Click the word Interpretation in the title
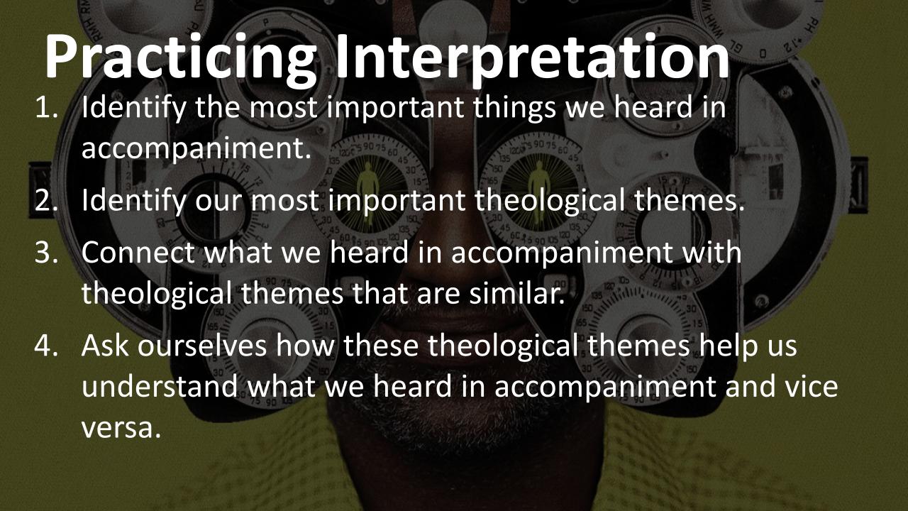(532, 57)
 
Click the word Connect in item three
(139, 253)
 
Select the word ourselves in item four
(201, 347)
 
